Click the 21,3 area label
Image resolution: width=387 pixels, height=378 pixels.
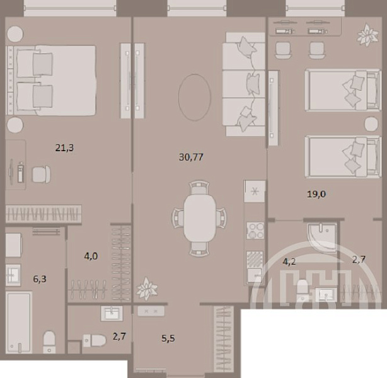pos(64,148)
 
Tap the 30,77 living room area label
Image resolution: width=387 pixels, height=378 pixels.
pos(191,157)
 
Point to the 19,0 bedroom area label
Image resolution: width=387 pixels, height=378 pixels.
pos(316,194)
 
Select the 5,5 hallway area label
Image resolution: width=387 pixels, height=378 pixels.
pos(168,338)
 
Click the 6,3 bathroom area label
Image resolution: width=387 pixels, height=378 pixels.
pos(40,279)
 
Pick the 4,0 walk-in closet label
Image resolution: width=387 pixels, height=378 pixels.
pos(91,256)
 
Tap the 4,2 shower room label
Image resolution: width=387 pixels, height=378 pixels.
pos(289,261)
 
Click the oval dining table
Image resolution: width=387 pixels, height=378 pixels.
pos(200,218)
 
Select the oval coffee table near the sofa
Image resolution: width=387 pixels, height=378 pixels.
pos(195,98)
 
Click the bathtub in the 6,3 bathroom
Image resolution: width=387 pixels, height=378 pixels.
pos(19,322)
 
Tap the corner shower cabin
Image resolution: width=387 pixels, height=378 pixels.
pos(322,237)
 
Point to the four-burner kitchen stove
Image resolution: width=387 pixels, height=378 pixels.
pos(255,231)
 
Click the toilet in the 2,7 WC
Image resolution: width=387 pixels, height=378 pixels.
pos(95,340)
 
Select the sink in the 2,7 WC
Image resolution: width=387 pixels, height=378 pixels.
pos(112,313)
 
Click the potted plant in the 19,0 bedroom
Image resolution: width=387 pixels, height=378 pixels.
pos(367,35)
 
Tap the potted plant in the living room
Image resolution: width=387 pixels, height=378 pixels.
pos(147,289)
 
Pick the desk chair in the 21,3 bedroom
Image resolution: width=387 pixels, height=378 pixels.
pos(42,175)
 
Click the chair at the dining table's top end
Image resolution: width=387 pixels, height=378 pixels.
pos(200,188)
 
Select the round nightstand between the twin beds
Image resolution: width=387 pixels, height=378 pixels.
pos(371,124)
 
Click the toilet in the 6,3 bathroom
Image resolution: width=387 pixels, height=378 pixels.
pos(49,341)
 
